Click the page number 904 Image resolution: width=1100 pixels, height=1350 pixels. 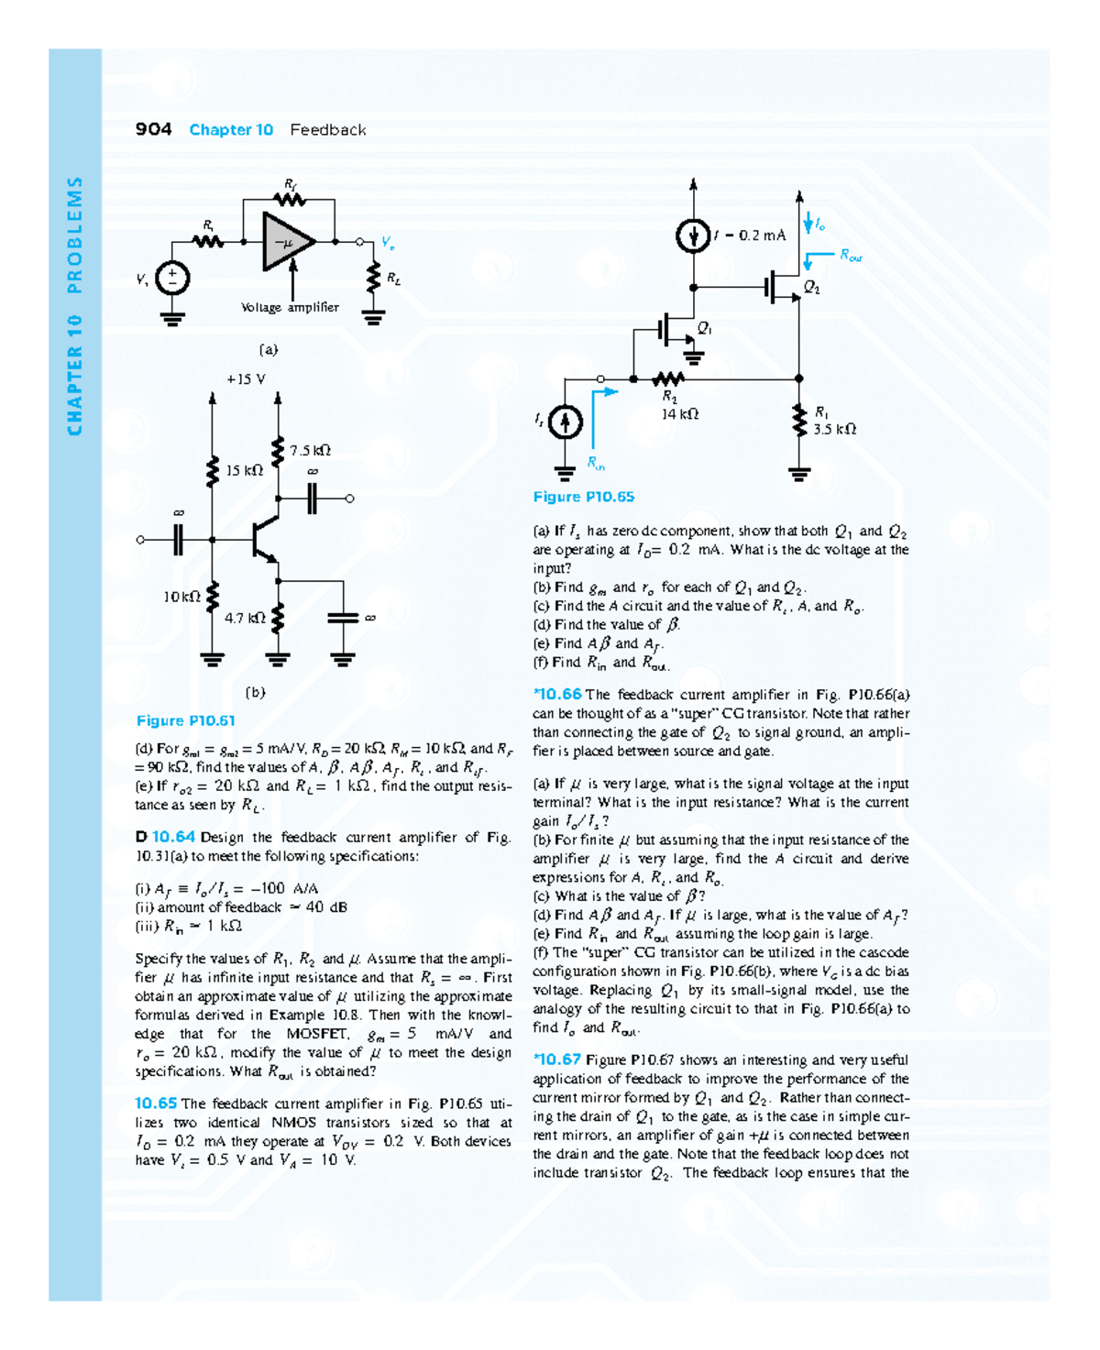[x=153, y=129]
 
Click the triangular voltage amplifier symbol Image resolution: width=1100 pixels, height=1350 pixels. [x=287, y=242]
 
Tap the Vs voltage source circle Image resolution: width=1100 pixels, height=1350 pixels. [x=172, y=278]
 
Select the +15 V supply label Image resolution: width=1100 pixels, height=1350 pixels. [x=246, y=379]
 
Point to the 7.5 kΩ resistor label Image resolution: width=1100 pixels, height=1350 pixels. [x=310, y=450]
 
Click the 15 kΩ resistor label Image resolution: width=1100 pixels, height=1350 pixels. [x=244, y=470]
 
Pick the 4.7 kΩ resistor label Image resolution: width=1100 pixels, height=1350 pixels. [x=245, y=618]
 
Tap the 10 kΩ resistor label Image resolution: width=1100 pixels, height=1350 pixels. [x=181, y=597]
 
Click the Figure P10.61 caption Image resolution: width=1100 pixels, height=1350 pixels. [x=186, y=720]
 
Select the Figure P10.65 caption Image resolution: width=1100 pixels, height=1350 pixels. [x=584, y=497]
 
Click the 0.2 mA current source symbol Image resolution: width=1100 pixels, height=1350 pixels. [x=693, y=236]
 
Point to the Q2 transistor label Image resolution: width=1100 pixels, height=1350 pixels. [x=812, y=288]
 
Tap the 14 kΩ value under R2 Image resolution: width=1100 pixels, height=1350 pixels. [x=680, y=414]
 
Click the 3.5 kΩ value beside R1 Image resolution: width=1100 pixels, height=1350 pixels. [x=834, y=429]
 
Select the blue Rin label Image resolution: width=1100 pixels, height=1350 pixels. [x=596, y=463]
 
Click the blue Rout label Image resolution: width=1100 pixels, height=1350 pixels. [x=851, y=257]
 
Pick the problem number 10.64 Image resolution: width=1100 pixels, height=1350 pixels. [x=173, y=837]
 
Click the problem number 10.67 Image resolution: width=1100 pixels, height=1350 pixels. [x=559, y=1059]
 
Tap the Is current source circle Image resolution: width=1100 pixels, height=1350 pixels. [x=566, y=422]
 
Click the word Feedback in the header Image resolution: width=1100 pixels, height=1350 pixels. [x=328, y=129]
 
